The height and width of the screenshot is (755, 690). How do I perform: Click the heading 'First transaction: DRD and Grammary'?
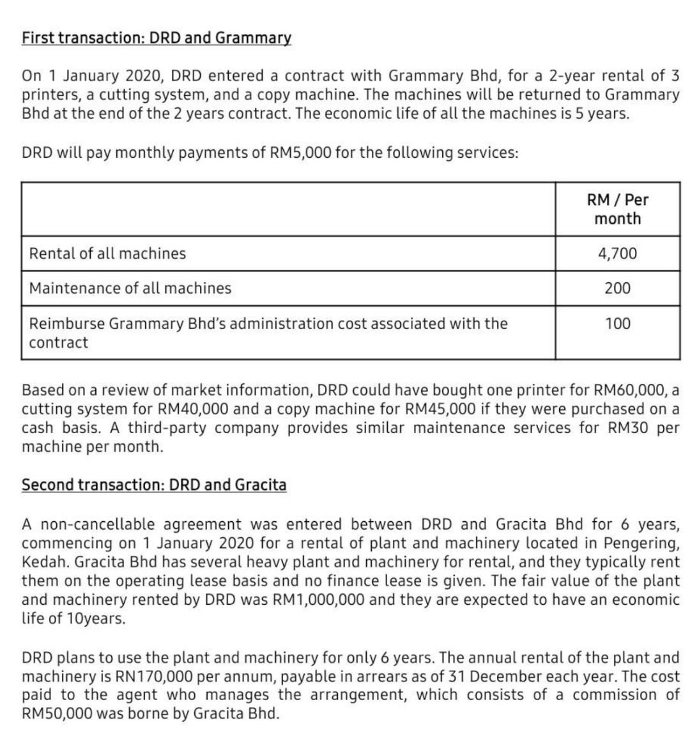tap(157, 38)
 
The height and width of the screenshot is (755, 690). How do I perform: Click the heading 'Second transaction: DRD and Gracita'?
tap(154, 485)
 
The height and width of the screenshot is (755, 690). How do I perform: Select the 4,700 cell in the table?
tap(617, 254)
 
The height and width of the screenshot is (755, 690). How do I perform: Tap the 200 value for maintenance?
tap(617, 288)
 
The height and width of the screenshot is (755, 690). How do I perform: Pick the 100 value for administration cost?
tap(617, 324)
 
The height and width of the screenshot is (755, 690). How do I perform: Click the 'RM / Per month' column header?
tap(617, 209)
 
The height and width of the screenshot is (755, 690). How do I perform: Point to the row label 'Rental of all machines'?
tap(107, 254)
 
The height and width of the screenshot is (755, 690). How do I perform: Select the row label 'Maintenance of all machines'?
tap(130, 288)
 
